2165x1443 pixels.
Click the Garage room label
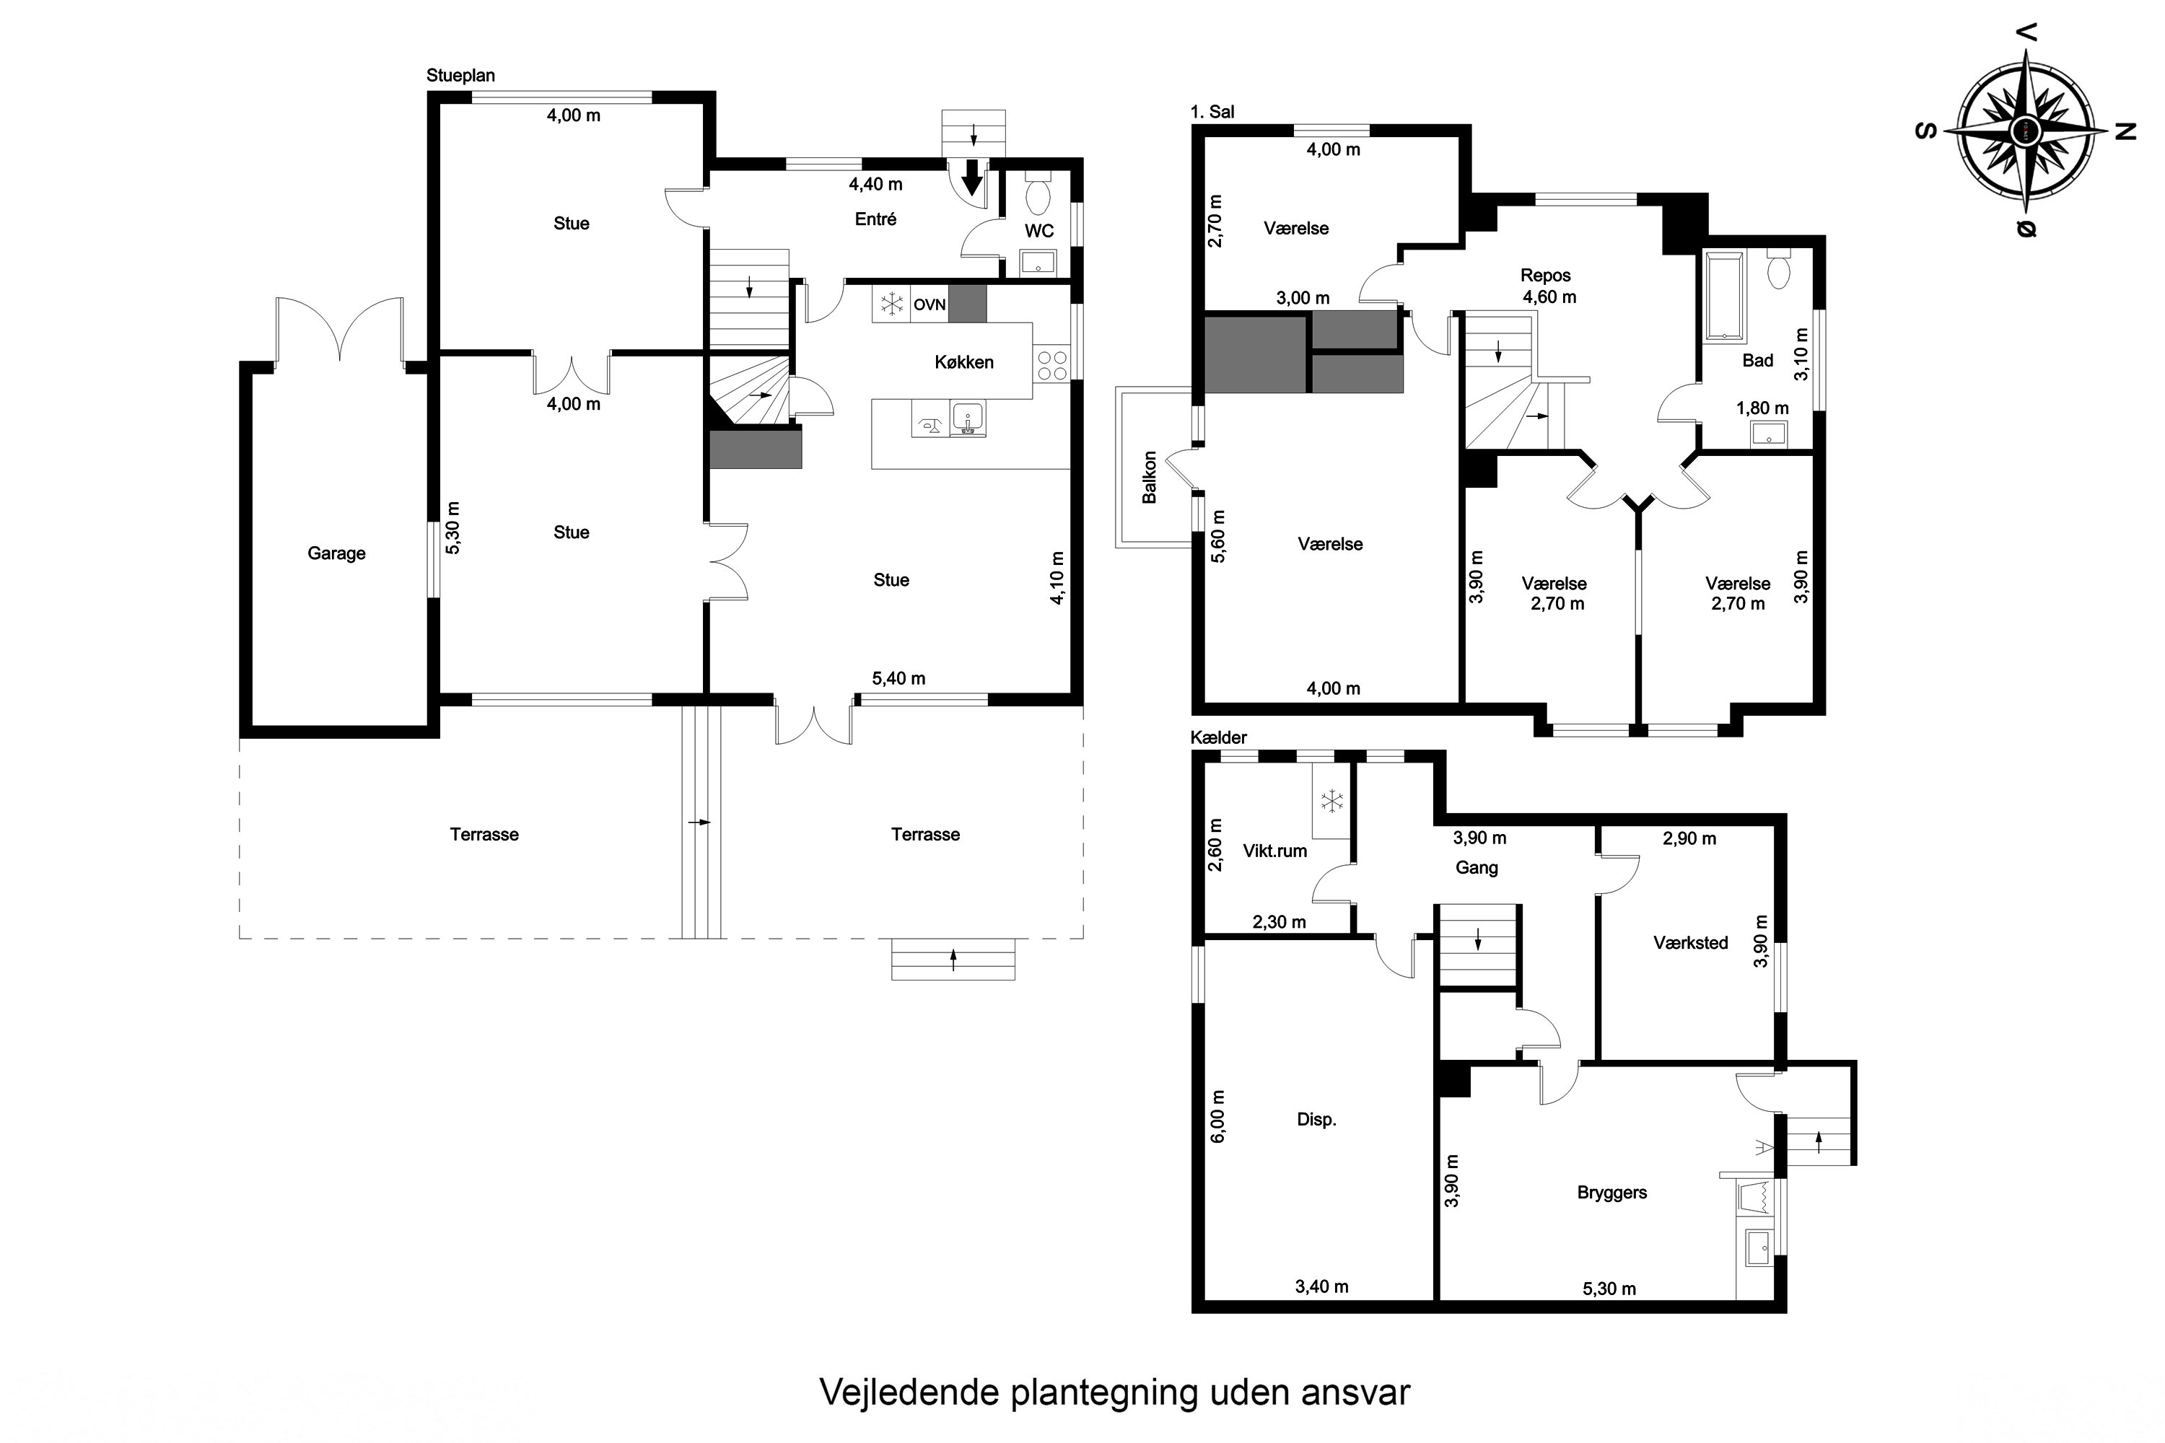coord(336,553)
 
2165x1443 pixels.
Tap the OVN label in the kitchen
coord(929,304)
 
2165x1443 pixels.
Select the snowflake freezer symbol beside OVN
coord(891,304)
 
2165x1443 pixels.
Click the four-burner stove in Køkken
coord(1051,365)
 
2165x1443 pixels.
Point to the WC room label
coord(1039,231)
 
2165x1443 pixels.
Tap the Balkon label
coord(1149,477)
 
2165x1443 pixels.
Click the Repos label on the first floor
coord(1546,275)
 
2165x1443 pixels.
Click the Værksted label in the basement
coord(1690,942)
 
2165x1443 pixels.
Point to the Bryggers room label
coord(1611,1193)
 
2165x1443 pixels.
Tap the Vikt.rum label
coord(1275,851)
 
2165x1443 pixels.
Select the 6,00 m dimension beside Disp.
coord(1219,1116)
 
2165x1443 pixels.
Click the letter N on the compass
coord(2125,131)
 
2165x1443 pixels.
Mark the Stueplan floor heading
coord(460,76)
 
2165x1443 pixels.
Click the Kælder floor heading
coord(1218,737)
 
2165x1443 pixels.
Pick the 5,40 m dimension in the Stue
coord(898,678)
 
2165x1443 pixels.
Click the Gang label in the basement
coord(1477,868)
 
